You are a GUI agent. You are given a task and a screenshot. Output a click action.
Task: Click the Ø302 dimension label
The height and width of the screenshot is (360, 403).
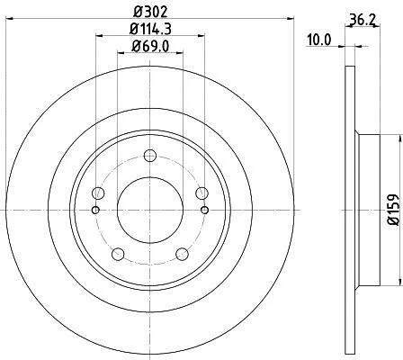click(150, 12)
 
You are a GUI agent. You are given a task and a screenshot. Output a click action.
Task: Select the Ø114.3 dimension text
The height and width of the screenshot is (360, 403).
click(150, 30)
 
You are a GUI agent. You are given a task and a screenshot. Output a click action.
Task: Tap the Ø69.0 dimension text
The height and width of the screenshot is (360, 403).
click(150, 47)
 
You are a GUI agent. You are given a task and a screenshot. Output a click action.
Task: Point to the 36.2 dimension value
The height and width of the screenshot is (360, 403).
click(362, 21)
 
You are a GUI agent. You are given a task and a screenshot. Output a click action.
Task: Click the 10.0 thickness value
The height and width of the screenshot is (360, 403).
click(318, 40)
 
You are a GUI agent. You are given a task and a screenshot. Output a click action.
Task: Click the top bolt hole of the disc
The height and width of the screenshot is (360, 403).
click(150, 156)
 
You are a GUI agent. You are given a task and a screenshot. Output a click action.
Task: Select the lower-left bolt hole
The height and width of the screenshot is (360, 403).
click(118, 254)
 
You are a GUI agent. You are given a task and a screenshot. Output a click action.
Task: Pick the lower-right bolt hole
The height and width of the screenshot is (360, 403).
click(182, 254)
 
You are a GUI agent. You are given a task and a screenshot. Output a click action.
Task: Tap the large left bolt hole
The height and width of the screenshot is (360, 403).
click(98, 193)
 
